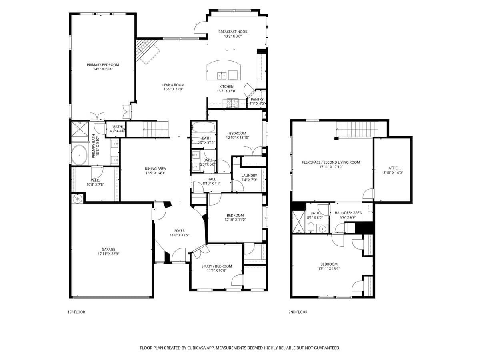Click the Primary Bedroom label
(103, 65)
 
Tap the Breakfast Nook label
(232, 32)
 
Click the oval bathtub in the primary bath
(79, 154)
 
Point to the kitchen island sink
(222, 75)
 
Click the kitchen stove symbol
(233, 104)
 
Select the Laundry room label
(249, 176)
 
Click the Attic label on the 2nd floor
(393, 168)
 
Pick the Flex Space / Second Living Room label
(331, 162)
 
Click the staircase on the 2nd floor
(357, 129)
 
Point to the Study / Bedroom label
(216, 266)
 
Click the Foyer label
(179, 231)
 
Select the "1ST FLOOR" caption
(76, 312)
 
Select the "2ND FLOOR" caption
(298, 312)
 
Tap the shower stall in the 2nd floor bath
(298, 222)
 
